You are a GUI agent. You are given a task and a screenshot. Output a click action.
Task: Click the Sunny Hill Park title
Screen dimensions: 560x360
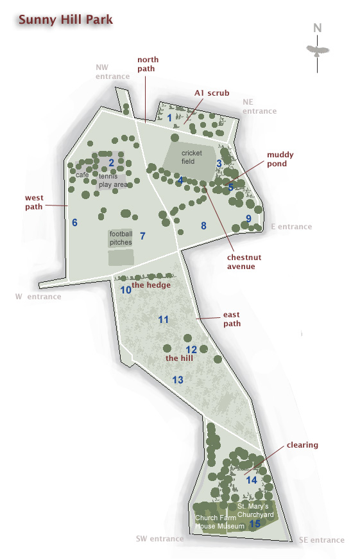65,19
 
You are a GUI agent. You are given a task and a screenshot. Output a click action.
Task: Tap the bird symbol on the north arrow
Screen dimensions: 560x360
317,49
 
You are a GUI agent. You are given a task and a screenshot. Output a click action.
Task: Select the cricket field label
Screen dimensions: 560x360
191,157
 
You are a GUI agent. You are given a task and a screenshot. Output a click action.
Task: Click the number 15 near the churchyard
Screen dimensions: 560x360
255,524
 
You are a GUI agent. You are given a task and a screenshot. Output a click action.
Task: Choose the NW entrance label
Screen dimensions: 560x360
112,71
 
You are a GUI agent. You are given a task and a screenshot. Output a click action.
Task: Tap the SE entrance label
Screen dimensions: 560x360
321,540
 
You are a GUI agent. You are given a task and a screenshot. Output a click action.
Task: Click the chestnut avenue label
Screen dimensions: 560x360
241,262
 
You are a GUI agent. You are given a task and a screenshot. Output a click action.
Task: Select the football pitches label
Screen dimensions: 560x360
121,238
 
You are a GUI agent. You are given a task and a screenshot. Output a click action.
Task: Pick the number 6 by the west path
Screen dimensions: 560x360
74,223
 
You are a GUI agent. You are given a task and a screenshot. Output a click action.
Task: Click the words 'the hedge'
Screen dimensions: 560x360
151,284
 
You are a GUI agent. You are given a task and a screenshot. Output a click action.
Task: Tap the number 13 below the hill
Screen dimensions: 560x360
178,380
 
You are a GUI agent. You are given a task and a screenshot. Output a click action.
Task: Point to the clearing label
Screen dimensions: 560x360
302,445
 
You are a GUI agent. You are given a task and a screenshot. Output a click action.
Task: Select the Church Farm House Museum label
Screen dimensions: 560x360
220,522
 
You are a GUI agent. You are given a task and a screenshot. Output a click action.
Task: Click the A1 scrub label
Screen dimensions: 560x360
212,93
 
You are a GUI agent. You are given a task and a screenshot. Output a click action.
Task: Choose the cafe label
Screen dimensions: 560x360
82,175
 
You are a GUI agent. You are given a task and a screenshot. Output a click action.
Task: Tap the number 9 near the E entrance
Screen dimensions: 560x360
248,218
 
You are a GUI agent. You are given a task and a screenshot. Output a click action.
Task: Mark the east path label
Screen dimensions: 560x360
232,319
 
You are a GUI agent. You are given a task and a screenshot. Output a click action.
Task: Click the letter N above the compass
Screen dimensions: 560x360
317,28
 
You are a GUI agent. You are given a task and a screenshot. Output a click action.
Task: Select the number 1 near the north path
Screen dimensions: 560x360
170,118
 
